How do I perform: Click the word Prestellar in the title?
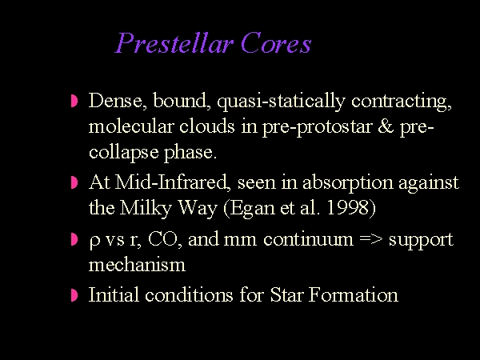coord(174,43)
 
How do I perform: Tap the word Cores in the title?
coord(276,43)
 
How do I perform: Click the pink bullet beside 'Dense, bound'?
coord(74,101)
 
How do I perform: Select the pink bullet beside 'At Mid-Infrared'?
coord(74,182)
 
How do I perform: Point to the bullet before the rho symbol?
coord(74,239)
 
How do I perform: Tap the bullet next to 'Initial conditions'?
coord(74,295)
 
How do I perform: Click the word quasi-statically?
coord(281,101)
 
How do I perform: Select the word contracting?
coord(402,102)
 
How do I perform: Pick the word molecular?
coord(131,126)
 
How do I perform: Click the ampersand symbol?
coord(386,126)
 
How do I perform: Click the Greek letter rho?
coord(94,241)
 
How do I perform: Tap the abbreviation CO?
coord(163,238)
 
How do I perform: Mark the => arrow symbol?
coord(371,238)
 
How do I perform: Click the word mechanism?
coord(137,264)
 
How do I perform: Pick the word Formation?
coord(354,294)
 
